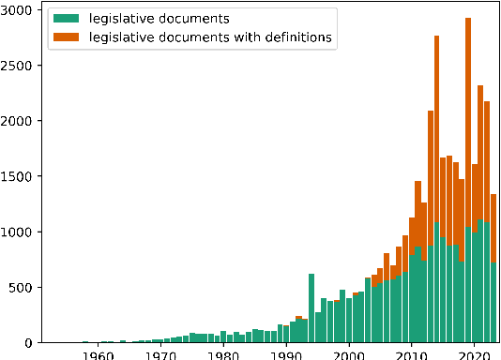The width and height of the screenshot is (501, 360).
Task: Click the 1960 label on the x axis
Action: tap(98, 354)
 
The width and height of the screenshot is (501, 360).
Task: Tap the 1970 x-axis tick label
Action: tap(160, 354)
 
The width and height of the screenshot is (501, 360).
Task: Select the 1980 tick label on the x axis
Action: tap(223, 354)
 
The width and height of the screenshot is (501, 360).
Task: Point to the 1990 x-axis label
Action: tap(286, 354)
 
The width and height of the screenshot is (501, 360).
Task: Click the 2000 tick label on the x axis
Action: tap(348, 354)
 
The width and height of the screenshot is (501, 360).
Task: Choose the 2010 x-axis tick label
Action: tap(411, 354)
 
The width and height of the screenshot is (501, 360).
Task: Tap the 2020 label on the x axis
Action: tap(474, 354)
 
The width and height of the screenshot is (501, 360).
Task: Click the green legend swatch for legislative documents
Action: tap(65, 19)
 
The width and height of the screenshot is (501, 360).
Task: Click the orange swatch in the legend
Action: tap(65, 37)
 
